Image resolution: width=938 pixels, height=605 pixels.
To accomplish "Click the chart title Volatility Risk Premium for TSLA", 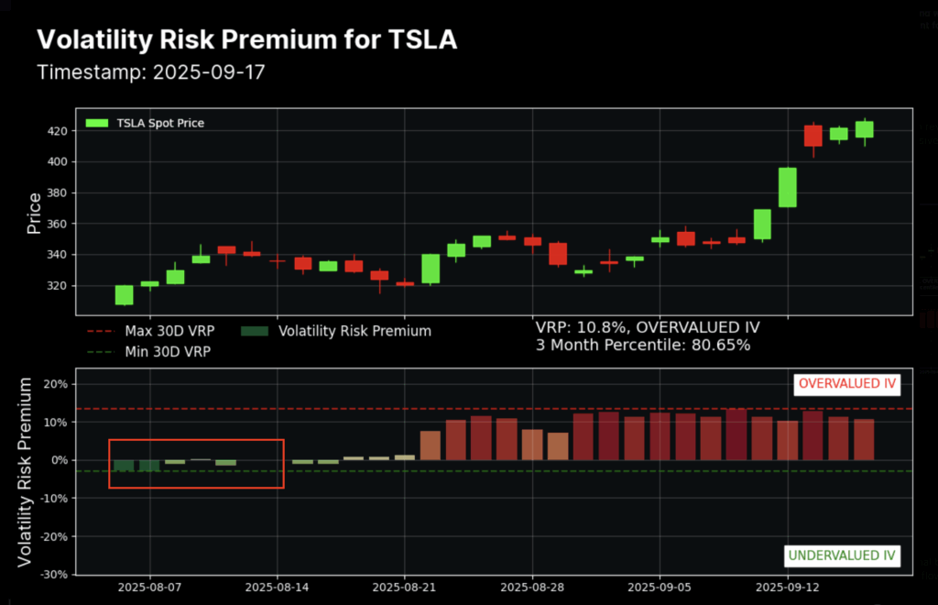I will pos(246,40).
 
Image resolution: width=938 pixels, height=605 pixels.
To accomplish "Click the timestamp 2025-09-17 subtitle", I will pos(150,71).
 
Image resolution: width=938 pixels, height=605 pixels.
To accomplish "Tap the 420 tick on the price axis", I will pos(61,131).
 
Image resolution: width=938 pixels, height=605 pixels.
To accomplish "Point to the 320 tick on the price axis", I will pos(61,285).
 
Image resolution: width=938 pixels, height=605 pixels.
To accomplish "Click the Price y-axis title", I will pos(34,213).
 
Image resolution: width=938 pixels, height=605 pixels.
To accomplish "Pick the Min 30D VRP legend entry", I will pos(161,351).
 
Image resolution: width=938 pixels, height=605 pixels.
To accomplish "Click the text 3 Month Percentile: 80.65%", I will pos(643,346).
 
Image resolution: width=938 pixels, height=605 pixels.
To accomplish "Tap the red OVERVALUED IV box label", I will pos(847,383).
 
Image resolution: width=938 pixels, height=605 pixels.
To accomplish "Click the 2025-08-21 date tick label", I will pos(404,587).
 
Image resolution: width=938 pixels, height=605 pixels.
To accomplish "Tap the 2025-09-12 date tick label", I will pos(786,587).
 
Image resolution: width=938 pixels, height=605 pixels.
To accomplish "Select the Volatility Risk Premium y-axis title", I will pos(26,471).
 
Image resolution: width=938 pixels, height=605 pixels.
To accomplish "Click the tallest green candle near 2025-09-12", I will pos(788,187).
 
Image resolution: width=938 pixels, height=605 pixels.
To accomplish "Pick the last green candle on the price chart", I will pos(864,129).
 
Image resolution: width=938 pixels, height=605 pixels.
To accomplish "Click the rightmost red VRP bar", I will pos(864,439).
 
